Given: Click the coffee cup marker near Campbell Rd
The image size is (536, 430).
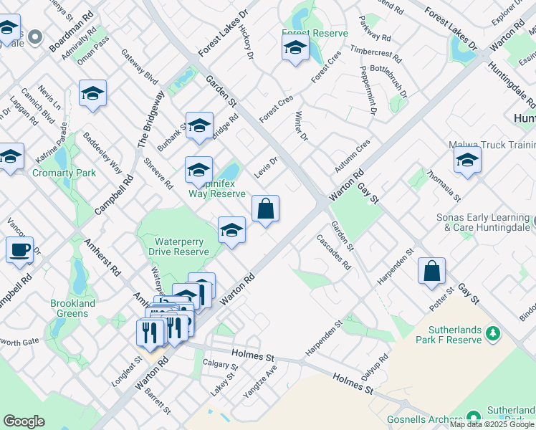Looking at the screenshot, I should point(19,251).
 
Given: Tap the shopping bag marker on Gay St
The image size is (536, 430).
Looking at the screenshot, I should point(431,272).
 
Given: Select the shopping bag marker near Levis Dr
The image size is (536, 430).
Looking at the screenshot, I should point(265,210).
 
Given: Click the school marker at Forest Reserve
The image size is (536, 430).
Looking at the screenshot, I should point(295,49).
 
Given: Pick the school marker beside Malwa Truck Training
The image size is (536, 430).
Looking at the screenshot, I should point(467,161).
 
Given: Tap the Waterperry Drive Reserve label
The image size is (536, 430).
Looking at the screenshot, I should point(179,247).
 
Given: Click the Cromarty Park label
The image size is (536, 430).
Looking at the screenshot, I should point(64,173).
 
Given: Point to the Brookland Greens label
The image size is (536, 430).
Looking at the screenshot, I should point(73,308).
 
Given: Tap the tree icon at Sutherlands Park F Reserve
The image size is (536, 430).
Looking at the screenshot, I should point(492,333).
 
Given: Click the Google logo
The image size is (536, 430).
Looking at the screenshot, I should point(24,421).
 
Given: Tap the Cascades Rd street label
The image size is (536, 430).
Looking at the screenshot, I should point(340,254).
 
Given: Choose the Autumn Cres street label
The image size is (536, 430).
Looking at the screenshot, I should point(353,156).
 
